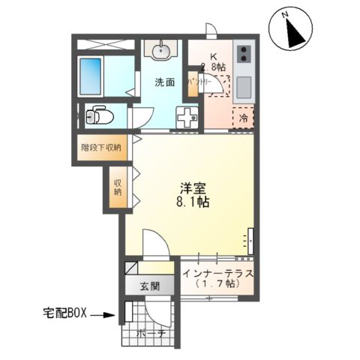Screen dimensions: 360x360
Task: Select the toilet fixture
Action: tap(97, 117)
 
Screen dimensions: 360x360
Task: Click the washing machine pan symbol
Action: tap(187, 117)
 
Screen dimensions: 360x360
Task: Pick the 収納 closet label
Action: tap(118, 184)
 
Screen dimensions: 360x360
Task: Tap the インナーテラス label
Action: tap(217, 273)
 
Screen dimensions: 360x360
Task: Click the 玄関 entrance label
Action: tap(148, 286)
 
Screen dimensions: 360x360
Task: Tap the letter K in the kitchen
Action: tap(213, 55)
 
